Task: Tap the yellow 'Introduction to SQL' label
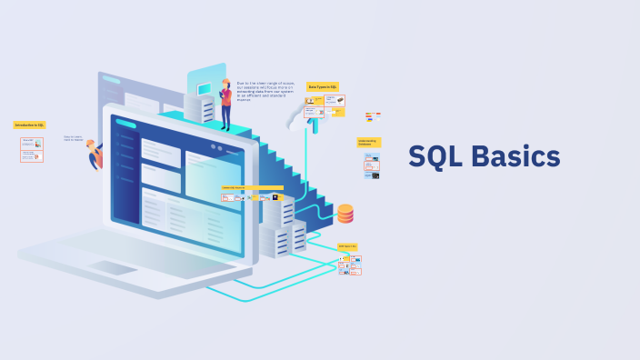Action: pyautogui.click(x=29, y=125)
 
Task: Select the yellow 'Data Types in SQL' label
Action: pyautogui.click(x=323, y=86)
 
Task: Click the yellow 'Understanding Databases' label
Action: pyautogui.click(x=368, y=142)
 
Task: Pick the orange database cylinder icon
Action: pyautogui.click(x=345, y=214)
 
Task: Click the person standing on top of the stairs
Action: pyautogui.click(x=225, y=103)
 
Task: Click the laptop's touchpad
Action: pyautogui.click(x=114, y=268)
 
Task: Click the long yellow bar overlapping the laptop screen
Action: pyautogui.click(x=252, y=188)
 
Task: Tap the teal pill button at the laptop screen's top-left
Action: pyautogui.click(x=126, y=124)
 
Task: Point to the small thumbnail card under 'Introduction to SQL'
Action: pyautogui.click(x=32, y=149)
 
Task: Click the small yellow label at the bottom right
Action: pyautogui.click(x=347, y=246)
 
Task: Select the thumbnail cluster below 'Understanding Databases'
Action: pyautogui.click(x=371, y=166)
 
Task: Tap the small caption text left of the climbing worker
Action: pyautogui.click(x=73, y=138)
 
